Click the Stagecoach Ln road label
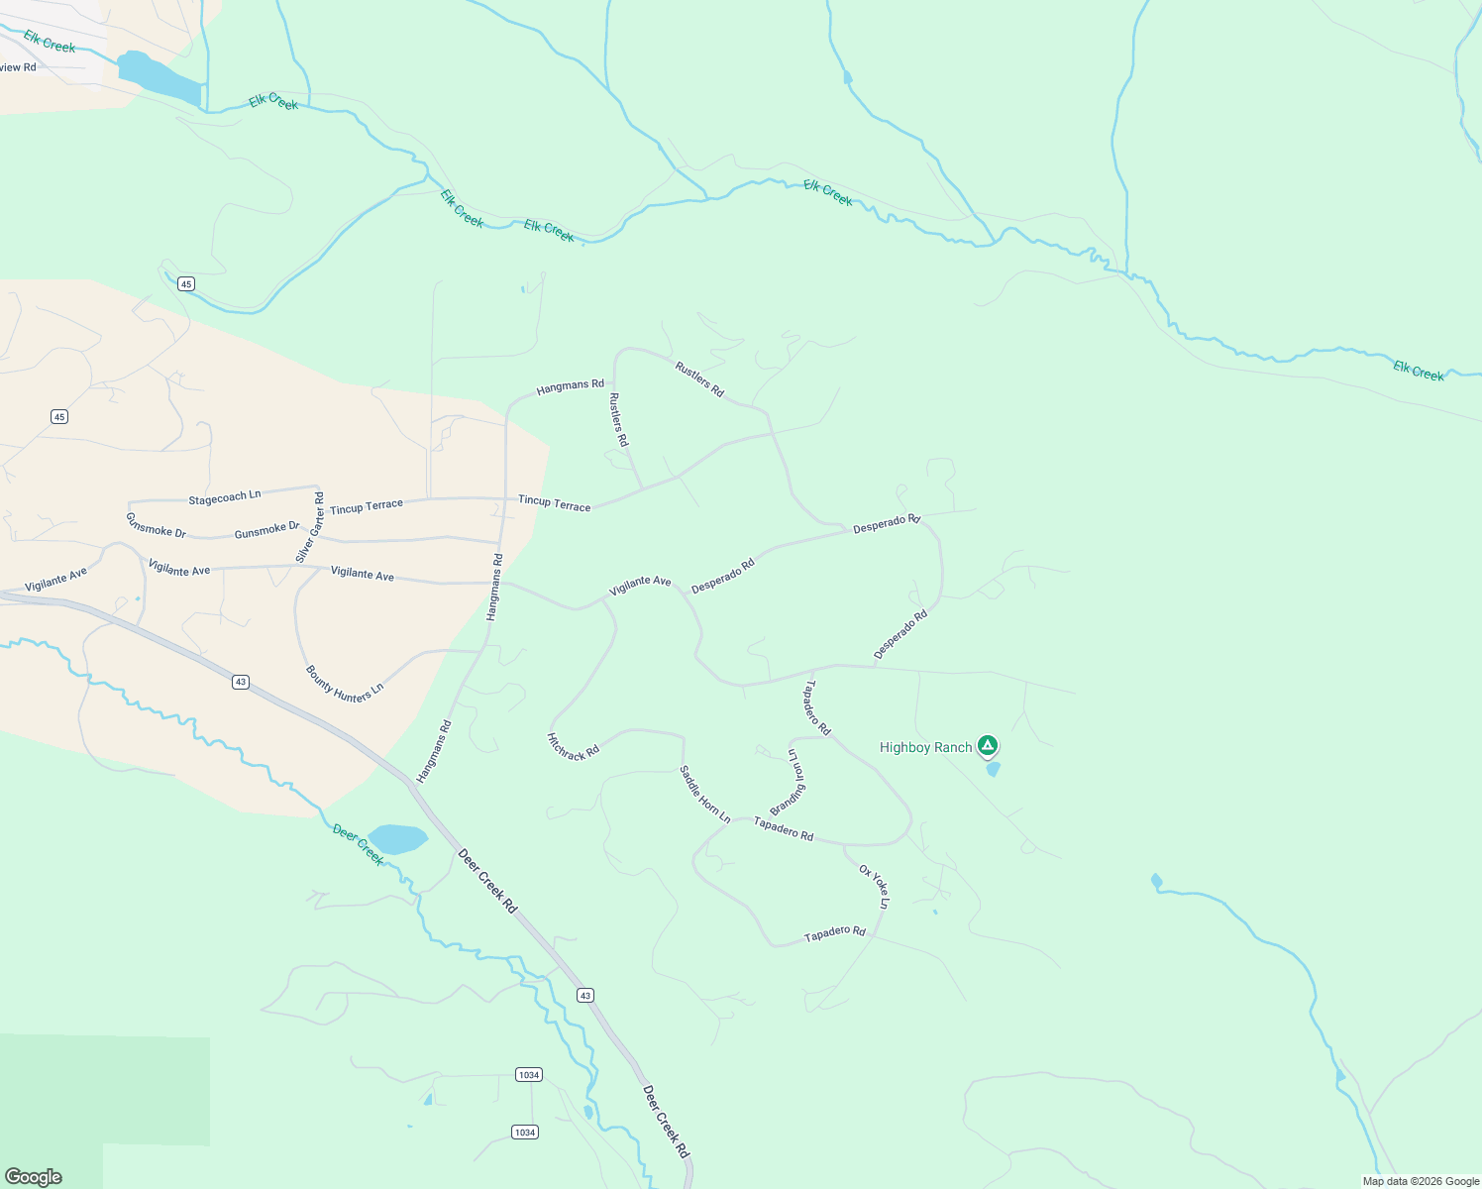[x=225, y=496]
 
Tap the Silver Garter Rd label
[x=310, y=528]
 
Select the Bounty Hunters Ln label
[x=344, y=684]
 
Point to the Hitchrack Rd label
[x=574, y=746]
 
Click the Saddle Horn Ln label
[x=704, y=795]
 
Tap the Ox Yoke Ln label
[x=875, y=886]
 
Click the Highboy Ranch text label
[x=925, y=747]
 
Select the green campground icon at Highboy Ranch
[x=987, y=745]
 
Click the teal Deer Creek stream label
[x=358, y=844]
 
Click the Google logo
[x=33, y=1177]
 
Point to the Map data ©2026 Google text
[x=1421, y=1181]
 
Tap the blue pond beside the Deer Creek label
[x=397, y=839]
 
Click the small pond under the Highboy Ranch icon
[x=993, y=769]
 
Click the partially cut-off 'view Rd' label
[x=18, y=67]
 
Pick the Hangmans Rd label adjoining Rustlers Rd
[x=570, y=385]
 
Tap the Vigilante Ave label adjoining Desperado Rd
[x=640, y=586]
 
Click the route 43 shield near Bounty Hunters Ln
[x=241, y=682]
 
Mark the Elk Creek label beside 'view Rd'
[x=50, y=42]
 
